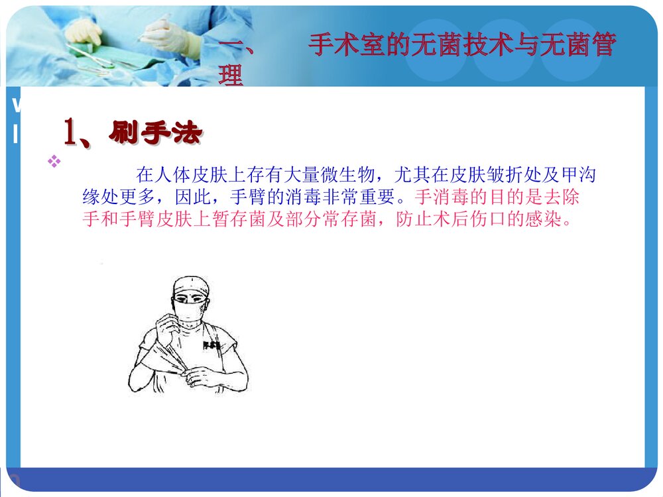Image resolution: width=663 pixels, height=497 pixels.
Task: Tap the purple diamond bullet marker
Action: [x=54, y=160]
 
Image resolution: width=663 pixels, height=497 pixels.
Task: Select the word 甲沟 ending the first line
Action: [x=579, y=176]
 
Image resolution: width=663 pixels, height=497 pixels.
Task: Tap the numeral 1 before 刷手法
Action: [x=71, y=133]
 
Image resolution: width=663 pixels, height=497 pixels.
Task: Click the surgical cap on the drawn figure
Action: [x=191, y=286]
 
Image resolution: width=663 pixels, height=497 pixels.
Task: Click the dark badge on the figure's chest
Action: [x=211, y=344]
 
